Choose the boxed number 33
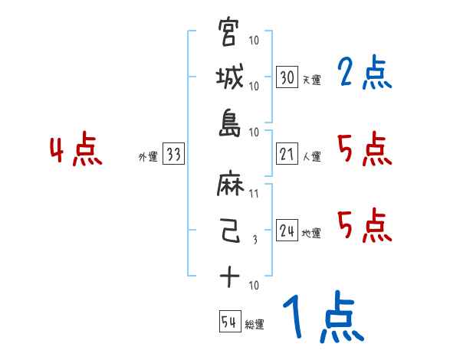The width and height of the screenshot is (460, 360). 173,155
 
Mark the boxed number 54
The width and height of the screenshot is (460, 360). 229,322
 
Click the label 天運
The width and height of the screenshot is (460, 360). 311,80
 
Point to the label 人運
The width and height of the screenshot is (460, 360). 311,157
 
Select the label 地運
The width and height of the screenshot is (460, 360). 311,234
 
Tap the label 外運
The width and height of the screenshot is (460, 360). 148,157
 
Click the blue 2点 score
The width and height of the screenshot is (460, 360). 363,74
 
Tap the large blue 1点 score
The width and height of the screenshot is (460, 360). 322,318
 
